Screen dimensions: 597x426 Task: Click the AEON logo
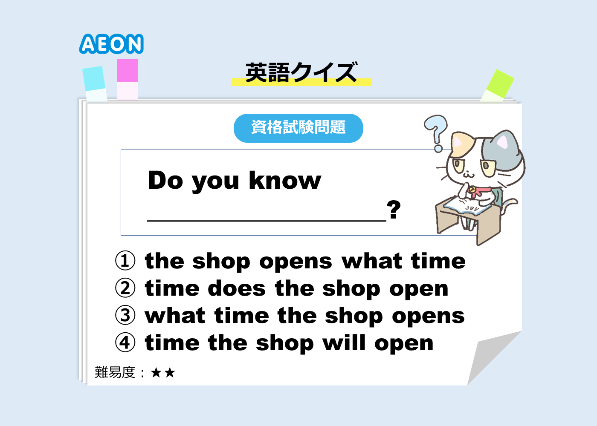tap(111, 43)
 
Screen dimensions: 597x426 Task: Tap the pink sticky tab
tap(128, 79)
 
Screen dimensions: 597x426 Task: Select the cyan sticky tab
tap(95, 83)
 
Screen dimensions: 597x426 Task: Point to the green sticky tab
tap(497, 86)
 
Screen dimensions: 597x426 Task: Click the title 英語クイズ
tap(301, 72)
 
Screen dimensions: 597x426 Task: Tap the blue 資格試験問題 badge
tap(298, 128)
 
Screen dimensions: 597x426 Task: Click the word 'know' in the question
tap(285, 180)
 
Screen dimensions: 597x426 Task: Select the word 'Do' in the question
tap(165, 180)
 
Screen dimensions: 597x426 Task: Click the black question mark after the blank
tap(394, 210)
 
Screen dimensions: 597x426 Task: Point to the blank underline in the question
tap(267, 221)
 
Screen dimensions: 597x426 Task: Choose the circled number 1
tap(125, 260)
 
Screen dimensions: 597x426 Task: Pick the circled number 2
tap(125, 288)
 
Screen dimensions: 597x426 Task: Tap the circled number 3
tap(125, 315)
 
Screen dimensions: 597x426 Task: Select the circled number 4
tap(125, 343)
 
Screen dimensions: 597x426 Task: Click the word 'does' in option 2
tap(237, 288)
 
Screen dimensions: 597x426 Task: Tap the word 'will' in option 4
tap(344, 343)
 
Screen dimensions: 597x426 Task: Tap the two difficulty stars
tap(163, 372)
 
